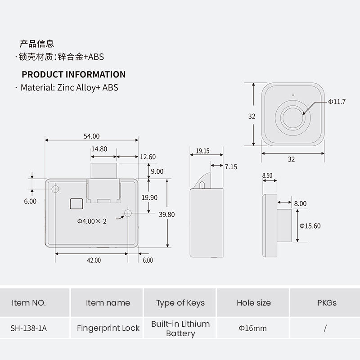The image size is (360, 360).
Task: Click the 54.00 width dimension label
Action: [92, 136]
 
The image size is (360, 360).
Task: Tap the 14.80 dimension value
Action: [99, 149]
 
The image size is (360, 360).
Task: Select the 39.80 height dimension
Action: [166, 215]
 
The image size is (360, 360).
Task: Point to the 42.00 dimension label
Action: [94, 260]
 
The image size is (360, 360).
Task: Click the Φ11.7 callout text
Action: [337, 102]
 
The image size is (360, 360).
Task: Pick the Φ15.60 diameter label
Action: [310, 226]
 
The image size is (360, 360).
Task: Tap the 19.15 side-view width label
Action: [202, 151]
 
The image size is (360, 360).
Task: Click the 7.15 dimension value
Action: [231, 166]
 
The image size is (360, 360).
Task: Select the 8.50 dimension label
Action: [267, 175]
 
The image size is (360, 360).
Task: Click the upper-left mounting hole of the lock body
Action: [55, 189]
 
